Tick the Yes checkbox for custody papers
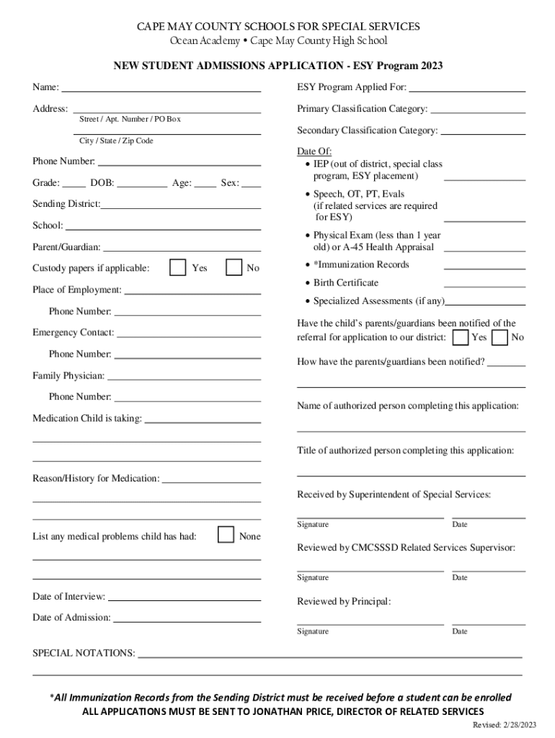[x=177, y=267]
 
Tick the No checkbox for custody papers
[x=234, y=267]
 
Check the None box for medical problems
[x=226, y=535]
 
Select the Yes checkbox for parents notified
[x=461, y=337]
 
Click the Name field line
[x=161, y=91]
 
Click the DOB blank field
[x=142, y=185]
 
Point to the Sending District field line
[x=181, y=208]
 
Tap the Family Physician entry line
[x=184, y=378]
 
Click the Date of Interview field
[x=185, y=600]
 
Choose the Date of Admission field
[x=187, y=621]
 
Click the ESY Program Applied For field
[x=467, y=91]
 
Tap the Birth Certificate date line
[x=484, y=285]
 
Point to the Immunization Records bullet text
[x=361, y=264]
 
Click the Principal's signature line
[x=370, y=623]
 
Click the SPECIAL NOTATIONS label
[x=84, y=653]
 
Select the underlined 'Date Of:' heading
[x=314, y=151]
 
